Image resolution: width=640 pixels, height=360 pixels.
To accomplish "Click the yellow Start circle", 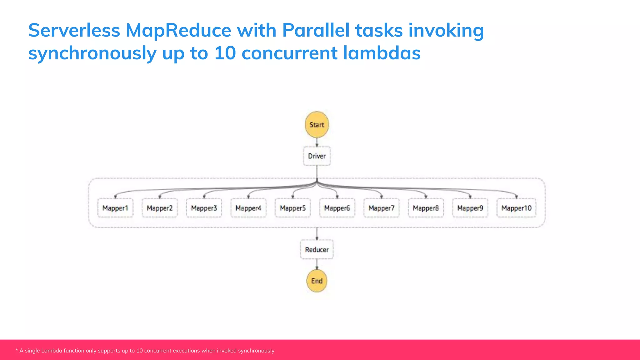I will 317,124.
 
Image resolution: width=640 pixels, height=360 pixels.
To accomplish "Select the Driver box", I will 317,156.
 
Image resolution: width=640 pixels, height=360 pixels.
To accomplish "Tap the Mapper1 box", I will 115,208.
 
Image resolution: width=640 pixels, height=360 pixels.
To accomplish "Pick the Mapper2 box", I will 160,208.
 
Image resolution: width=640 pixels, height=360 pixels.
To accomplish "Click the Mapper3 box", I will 204,208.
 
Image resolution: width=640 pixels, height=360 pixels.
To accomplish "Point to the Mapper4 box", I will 248,208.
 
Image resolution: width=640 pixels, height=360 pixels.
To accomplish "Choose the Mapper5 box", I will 293,208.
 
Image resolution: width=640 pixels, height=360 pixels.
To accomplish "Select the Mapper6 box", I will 337,208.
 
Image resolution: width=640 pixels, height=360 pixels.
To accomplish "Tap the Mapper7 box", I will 382,208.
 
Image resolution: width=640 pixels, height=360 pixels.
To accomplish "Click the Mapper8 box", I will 426,208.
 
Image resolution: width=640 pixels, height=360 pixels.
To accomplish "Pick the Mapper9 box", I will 470,208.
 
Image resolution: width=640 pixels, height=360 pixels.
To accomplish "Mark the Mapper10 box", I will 517,208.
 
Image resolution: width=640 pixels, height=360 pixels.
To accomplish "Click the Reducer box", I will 317,249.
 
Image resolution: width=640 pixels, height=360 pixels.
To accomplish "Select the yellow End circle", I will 317,281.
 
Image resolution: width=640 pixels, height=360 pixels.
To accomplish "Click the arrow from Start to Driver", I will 317,142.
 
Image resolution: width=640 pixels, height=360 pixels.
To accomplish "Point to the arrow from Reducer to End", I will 317,264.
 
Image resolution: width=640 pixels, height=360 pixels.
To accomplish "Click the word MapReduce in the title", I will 178,31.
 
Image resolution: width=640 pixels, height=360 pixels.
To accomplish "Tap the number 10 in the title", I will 225,53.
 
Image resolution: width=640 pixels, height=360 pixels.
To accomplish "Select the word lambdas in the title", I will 382,53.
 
